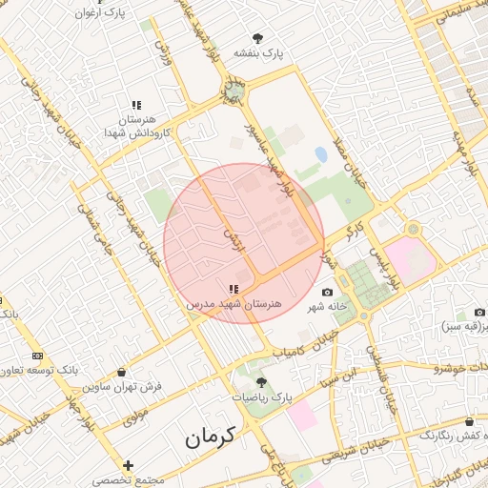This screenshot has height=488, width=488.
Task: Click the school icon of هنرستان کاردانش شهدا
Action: [136, 105]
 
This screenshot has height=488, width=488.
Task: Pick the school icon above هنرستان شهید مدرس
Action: [234, 289]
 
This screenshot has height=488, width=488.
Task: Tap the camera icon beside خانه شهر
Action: [329, 292]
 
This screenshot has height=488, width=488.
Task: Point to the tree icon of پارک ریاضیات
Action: [262, 382]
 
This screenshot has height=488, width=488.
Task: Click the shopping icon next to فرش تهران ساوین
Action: [121, 372]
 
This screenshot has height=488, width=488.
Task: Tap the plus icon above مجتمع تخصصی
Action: [129, 466]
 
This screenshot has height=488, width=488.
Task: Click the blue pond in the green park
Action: [320, 153]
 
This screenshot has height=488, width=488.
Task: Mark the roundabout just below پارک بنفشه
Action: [233, 92]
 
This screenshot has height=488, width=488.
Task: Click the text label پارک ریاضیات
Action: [261, 396]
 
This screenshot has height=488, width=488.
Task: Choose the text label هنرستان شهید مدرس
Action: [234, 303]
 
